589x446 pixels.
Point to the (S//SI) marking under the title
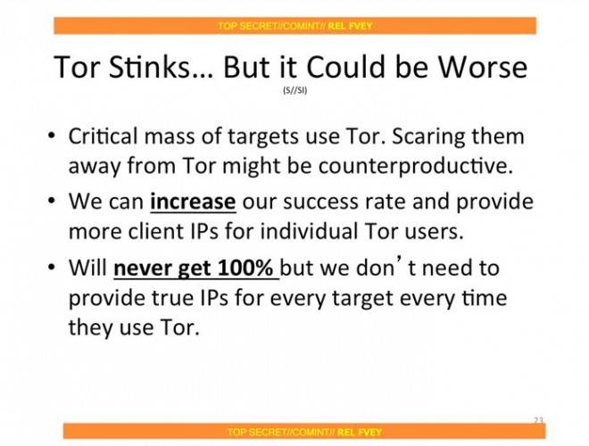pos(294,90)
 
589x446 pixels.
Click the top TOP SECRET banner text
pos(294,26)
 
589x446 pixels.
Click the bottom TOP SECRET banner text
pos(304,432)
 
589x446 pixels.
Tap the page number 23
pos(538,420)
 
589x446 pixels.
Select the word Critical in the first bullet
pos(103,136)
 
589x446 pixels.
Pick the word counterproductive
pos(416,166)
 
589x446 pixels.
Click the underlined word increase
pos(193,202)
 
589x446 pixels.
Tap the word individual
pos(309,231)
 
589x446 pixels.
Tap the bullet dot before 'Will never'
pos(52,268)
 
